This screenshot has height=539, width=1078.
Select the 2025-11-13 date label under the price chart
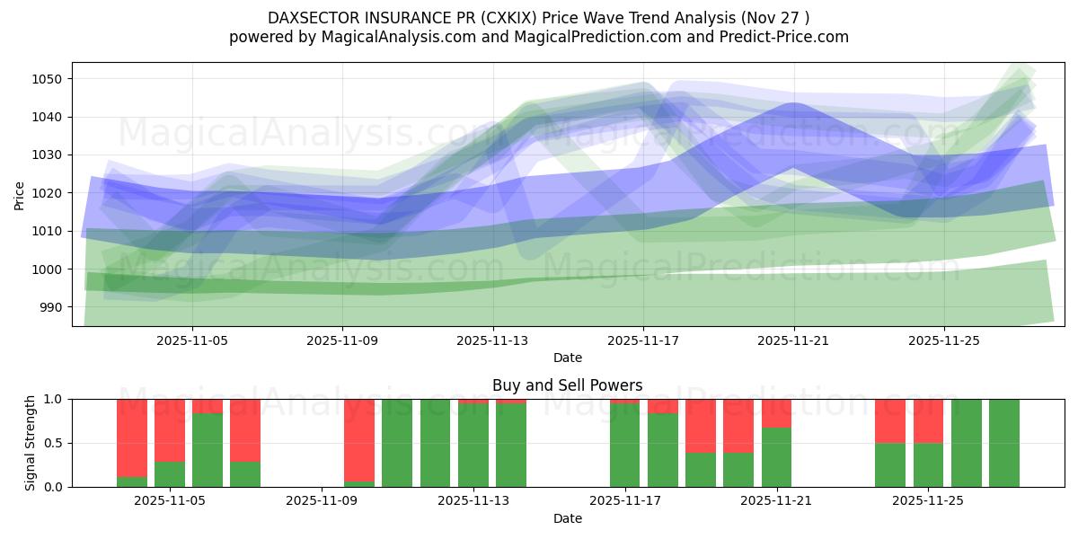(492, 341)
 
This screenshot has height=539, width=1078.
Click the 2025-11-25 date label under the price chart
(943, 341)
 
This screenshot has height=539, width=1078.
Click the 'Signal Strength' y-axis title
(31, 443)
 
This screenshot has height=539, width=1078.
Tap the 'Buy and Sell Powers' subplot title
(568, 385)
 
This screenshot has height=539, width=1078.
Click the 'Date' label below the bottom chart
(568, 518)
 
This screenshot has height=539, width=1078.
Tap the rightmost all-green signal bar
(1004, 443)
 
